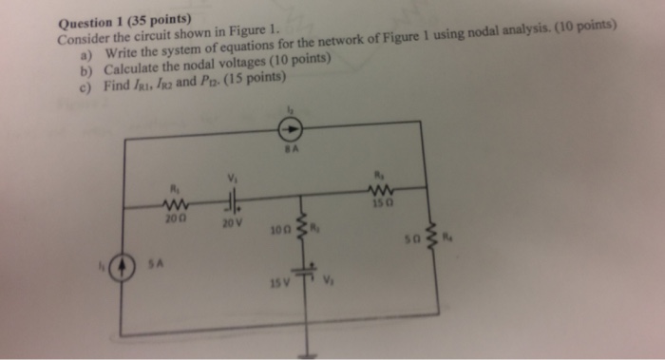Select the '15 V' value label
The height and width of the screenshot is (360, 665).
[x=277, y=284]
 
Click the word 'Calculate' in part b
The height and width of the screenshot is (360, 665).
[x=132, y=71]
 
